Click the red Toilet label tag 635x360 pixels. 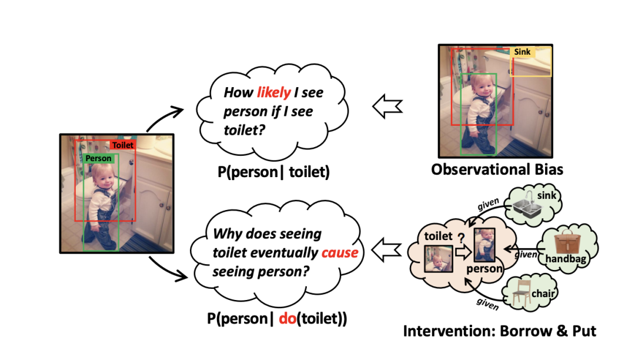click(123, 145)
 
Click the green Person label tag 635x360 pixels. click(98, 158)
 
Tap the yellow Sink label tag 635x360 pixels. click(522, 52)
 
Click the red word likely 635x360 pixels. click(273, 92)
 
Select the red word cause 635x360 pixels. click(339, 253)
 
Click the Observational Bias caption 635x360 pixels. click(497, 170)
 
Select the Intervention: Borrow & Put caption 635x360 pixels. click(499, 331)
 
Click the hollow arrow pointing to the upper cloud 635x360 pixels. click(388, 106)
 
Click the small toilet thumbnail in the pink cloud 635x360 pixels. click(439, 259)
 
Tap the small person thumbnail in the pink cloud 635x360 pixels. click(484, 246)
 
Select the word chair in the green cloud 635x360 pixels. click(544, 293)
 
